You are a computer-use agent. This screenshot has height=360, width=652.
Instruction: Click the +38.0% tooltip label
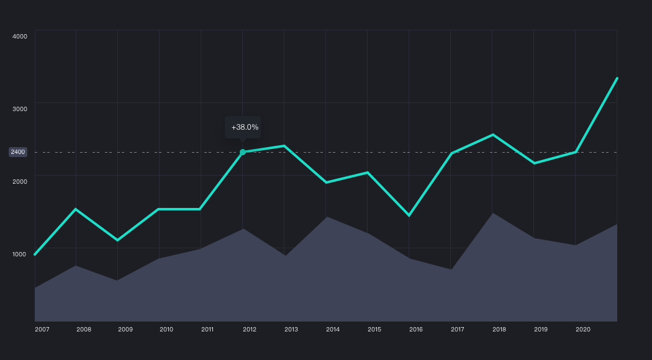pyautogui.click(x=245, y=127)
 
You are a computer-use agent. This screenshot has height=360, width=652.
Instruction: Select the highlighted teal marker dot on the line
pyautogui.click(x=243, y=152)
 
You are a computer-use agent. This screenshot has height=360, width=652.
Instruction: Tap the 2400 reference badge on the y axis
pyautogui.click(x=18, y=152)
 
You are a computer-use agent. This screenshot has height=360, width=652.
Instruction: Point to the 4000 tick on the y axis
pyautogui.click(x=20, y=36)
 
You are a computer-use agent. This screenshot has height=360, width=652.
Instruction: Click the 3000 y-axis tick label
pyautogui.click(x=20, y=109)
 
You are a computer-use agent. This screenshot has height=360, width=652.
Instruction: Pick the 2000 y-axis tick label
pyautogui.click(x=20, y=181)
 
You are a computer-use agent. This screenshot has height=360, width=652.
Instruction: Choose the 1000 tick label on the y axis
pyautogui.click(x=20, y=254)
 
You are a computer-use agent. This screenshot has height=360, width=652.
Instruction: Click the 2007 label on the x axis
pyautogui.click(x=42, y=329)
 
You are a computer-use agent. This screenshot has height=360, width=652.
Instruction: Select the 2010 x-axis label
pyautogui.click(x=166, y=329)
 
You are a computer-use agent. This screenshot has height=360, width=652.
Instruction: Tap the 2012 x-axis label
pyautogui.click(x=250, y=329)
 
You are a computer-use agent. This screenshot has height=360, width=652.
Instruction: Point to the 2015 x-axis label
pyautogui.click(x=374, y=329)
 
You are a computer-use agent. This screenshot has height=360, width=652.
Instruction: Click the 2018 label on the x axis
pyautogui.click(x=499, y=329)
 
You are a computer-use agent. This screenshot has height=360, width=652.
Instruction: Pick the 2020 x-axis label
pyautogui.click(x=582, y=329)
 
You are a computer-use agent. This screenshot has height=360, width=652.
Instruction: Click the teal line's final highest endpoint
pyautogui.click(x=617, y=78)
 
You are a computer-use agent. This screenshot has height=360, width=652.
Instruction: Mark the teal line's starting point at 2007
pyautogui.click(x=35, y=254)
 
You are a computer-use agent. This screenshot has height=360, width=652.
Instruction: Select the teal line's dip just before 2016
pyautogui.click(x=409, y=215)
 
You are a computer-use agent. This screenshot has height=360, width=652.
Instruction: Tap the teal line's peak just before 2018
pyautogui.click(x=492, y=135)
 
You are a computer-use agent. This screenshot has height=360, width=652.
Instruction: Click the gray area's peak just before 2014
pyautogui.click(x=326, y=217)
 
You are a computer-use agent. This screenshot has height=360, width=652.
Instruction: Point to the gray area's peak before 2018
pyautogui.click(x=492, y=214)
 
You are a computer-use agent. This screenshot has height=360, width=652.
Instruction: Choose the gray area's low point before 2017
pyautogui.click(x=451, y=269)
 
